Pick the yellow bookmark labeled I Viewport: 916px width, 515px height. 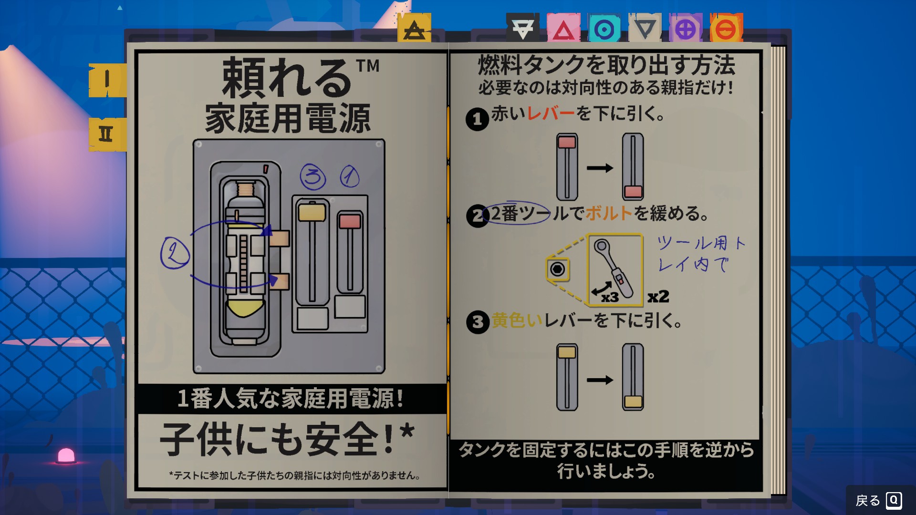click(x=107, y=80)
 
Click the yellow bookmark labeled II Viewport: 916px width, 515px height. click(x=107, y=134)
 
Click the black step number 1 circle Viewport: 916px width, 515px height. click(x=477, y=119)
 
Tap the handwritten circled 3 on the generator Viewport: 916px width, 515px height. click(x=313, y=176)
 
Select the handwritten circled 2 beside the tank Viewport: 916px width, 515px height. click(x=175, y=253)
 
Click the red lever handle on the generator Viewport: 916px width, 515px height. click(x=350, y=221)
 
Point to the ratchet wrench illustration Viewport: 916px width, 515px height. click(x=614, y=268)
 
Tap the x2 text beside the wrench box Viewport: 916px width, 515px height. click(x=658, y=297)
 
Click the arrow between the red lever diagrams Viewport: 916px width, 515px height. click(x=600, y=168)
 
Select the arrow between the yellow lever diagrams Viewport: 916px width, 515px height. click(x=600, y=380)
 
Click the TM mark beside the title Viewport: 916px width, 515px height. click(x=367, y=66)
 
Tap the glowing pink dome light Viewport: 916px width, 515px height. click(x=66, y=456)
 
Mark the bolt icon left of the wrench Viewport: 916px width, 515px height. click(x=557, y=269)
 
